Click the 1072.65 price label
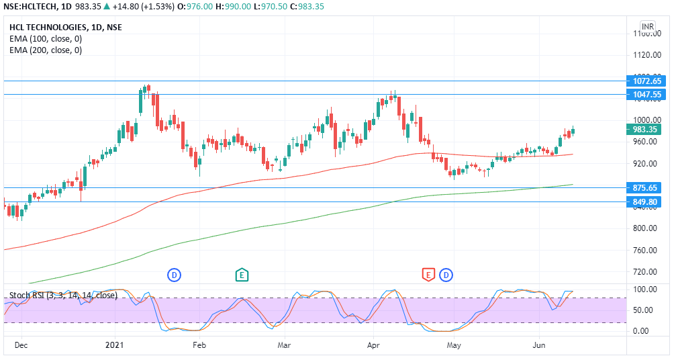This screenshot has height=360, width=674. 647,81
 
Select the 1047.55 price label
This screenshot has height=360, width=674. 647,95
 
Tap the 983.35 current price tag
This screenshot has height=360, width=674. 647,129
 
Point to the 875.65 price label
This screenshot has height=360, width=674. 647,188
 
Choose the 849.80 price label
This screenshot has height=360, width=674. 647,201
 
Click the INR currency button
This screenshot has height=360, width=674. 647,27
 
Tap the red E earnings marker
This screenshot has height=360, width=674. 428,274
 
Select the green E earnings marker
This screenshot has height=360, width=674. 242,274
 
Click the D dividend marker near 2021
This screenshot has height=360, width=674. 174,274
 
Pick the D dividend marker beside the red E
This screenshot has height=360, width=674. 444,274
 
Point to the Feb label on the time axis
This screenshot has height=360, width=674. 199,345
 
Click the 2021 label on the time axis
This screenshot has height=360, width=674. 116,345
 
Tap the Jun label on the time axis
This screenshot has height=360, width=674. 538,345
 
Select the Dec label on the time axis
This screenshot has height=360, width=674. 21,345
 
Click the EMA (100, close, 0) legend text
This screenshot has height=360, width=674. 46,39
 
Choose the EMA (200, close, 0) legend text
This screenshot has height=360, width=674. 46,50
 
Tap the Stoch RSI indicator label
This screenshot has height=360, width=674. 62,295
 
